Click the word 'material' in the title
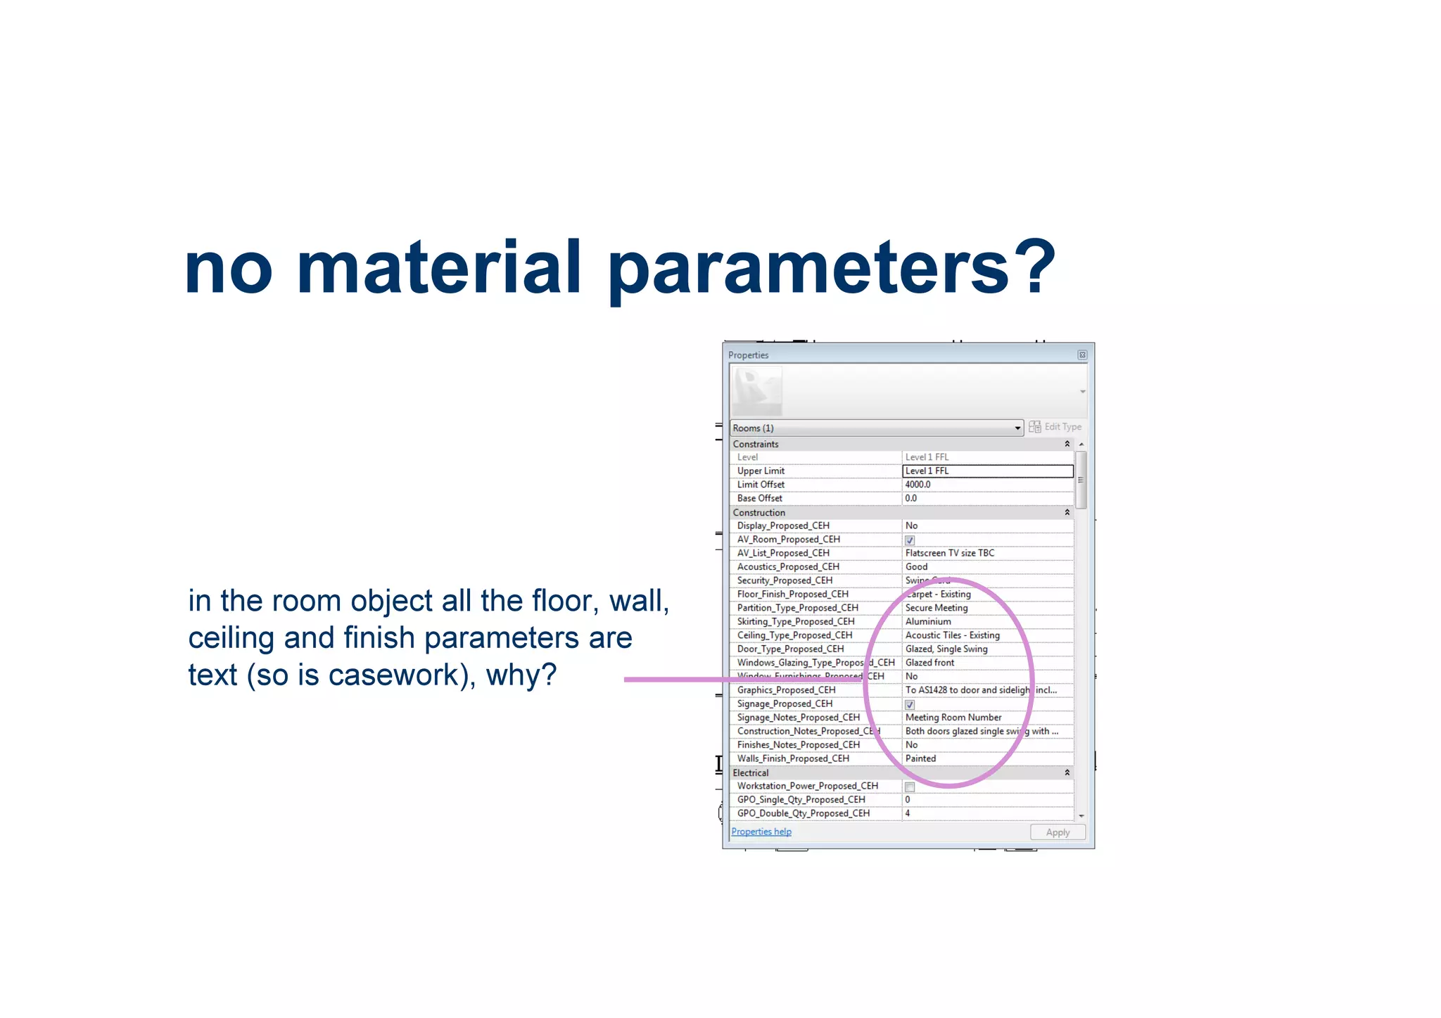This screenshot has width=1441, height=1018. [439, 268]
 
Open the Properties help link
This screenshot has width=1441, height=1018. [761, 832]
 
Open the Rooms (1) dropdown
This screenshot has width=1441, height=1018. [1017, 428]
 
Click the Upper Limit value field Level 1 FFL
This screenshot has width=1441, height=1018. [986, 471]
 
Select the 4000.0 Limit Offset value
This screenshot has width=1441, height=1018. [918, 485]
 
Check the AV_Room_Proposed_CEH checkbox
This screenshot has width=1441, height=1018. [909, 540]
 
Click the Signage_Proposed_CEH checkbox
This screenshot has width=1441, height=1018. [909, 704]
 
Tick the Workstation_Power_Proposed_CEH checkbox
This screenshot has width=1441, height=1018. [909, 787]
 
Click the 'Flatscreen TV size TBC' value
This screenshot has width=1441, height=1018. [949, 553]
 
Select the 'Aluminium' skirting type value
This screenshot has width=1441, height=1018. [927, 621]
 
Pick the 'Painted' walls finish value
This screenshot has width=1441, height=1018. [920, 758]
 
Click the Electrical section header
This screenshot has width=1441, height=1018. [751, 772]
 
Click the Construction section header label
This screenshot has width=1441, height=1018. [758, 512]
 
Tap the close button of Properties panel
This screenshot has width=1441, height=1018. [1082, 355]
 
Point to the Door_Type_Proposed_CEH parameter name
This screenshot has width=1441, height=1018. [790, 649]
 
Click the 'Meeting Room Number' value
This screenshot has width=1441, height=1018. [953, 718]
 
